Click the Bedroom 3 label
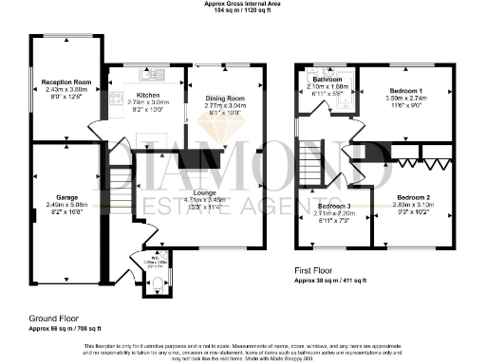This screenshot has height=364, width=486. pyautogui.click(x=333, y=207)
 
